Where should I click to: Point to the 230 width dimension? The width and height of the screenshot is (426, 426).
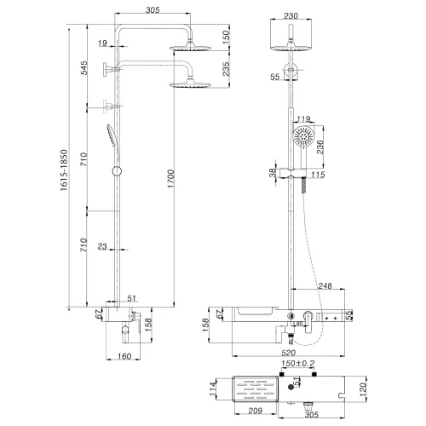coord(292,14)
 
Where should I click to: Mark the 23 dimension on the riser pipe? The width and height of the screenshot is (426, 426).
coord(102,248)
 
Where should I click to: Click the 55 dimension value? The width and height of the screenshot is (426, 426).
coord(275,78)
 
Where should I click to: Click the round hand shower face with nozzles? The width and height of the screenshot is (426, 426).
coord(305,136)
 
